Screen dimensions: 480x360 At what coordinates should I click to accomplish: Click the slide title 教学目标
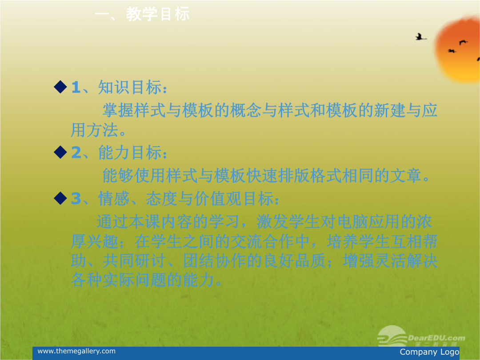tap(158, 14)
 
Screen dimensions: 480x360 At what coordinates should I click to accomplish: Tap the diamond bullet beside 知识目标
tap(60, 87)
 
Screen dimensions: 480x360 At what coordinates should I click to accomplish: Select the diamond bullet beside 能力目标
tap(60, 152)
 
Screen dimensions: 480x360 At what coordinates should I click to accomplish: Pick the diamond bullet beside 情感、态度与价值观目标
tap(60, 198)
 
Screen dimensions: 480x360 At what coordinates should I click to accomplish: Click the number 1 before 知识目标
tap(76, 87)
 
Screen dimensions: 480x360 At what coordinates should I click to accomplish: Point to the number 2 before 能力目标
tap(76, 152)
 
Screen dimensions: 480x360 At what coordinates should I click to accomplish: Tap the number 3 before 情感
tap(76, 199)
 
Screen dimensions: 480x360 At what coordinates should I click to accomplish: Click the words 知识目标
tap(130, 87)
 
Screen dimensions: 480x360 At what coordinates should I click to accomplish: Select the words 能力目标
tap(130, 152)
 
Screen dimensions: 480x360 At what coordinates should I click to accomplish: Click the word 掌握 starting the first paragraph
tap(118, 110)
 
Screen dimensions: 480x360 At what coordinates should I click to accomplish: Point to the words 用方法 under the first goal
tap(95, 130)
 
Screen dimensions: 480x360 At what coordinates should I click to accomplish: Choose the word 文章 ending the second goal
tap(406, 176)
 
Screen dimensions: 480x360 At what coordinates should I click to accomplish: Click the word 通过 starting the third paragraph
tap(112, 222)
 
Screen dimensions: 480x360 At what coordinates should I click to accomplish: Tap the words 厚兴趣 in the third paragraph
tap(95, 241)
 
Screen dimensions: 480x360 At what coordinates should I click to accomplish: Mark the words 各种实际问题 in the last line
tap(119, 280)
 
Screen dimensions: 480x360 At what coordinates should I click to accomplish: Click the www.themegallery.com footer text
tap(76, 351)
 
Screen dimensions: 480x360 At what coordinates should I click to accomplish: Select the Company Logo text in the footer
tap(429, 352)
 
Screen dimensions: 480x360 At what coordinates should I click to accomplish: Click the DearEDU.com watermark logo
tap(421, 336)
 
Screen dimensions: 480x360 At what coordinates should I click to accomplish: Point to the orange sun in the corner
tap(458, 49)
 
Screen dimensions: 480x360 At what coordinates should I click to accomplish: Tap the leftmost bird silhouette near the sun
tap(420, 37)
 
